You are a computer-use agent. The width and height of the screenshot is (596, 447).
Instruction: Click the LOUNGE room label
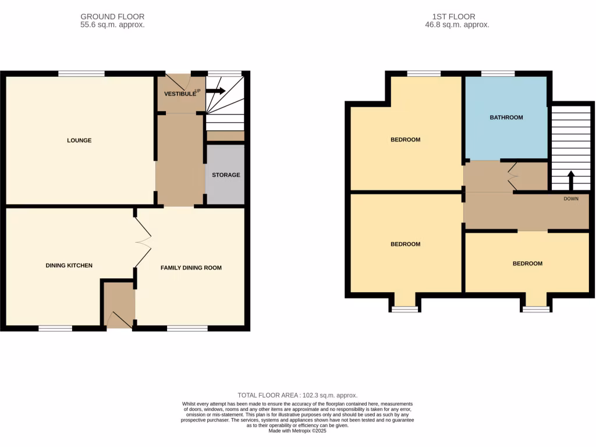[79, 140]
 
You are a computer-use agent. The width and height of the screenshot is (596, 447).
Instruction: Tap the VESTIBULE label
[178, 94]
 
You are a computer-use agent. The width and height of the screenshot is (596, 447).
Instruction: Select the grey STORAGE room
[225, 175]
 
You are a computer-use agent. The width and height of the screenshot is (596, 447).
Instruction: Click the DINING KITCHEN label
[69, 265]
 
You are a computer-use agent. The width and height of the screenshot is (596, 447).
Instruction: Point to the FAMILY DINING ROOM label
[191, 268]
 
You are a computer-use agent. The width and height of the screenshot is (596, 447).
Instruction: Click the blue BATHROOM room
[506, 118]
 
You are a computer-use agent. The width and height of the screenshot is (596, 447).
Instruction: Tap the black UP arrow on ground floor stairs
[215, 91]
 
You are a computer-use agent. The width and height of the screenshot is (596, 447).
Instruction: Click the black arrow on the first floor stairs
[570, 180]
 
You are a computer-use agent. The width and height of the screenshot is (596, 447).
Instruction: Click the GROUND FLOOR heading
[112, 17]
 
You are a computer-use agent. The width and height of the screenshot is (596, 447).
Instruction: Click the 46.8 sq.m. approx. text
[457, 25]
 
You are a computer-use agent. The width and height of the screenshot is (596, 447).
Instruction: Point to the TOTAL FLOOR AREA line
[297, 395]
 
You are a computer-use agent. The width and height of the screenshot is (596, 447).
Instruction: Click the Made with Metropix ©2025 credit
[297, 431]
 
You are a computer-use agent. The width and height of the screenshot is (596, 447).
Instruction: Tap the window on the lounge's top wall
[81, 73]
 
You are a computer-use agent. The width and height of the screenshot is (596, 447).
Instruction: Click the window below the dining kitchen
[55, 328]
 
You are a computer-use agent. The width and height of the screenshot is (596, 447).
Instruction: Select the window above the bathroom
[498, 73]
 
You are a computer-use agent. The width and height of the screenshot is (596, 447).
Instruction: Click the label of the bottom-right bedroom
[527, 264]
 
